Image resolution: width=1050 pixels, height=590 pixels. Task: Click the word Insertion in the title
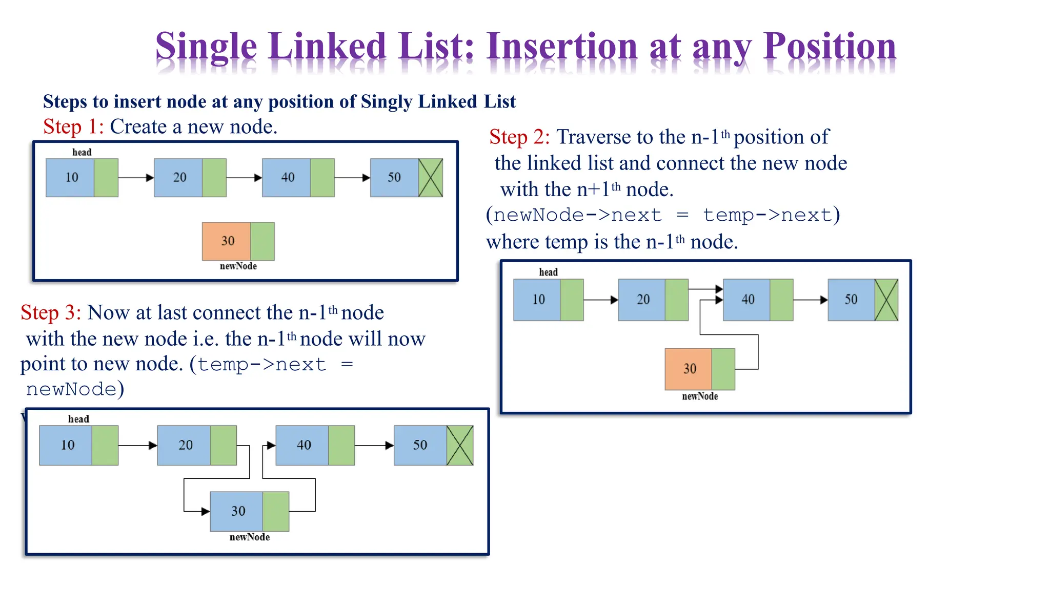(x=562, y=47)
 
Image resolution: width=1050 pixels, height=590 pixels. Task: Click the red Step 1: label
(x=73, y=127)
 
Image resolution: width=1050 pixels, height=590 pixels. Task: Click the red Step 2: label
(x=519, y=137)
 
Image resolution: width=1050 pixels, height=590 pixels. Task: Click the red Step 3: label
(x=50, y=312)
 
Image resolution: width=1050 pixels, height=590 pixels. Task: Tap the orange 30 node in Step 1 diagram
(x=227, y=241)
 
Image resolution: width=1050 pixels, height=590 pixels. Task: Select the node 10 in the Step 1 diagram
(x=70, y=178)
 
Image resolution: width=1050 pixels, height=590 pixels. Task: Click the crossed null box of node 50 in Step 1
(x=430, y=178)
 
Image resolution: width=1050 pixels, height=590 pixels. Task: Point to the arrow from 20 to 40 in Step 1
(x=244, y=178)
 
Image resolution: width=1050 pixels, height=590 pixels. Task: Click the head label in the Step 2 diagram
(x=548, y=272)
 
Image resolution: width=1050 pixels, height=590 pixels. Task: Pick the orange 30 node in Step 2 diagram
(x=689, y=369)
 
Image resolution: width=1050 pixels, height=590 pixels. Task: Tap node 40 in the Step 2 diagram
(x=746, y=300)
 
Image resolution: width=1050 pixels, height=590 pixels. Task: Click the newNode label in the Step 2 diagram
(x=699, y=396)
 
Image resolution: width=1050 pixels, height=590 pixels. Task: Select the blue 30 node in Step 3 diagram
(x=237, y=511)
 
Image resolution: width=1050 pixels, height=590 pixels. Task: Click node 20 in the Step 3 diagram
(x=184, y=445)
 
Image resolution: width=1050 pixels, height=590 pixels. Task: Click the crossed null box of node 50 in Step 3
(x=459, y=445)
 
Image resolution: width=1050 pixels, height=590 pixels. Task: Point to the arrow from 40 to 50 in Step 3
(x=374, y=445)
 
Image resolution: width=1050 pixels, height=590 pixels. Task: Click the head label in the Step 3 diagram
(x=78, y=419)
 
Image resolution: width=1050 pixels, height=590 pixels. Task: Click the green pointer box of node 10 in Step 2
(x=572, y=300)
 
